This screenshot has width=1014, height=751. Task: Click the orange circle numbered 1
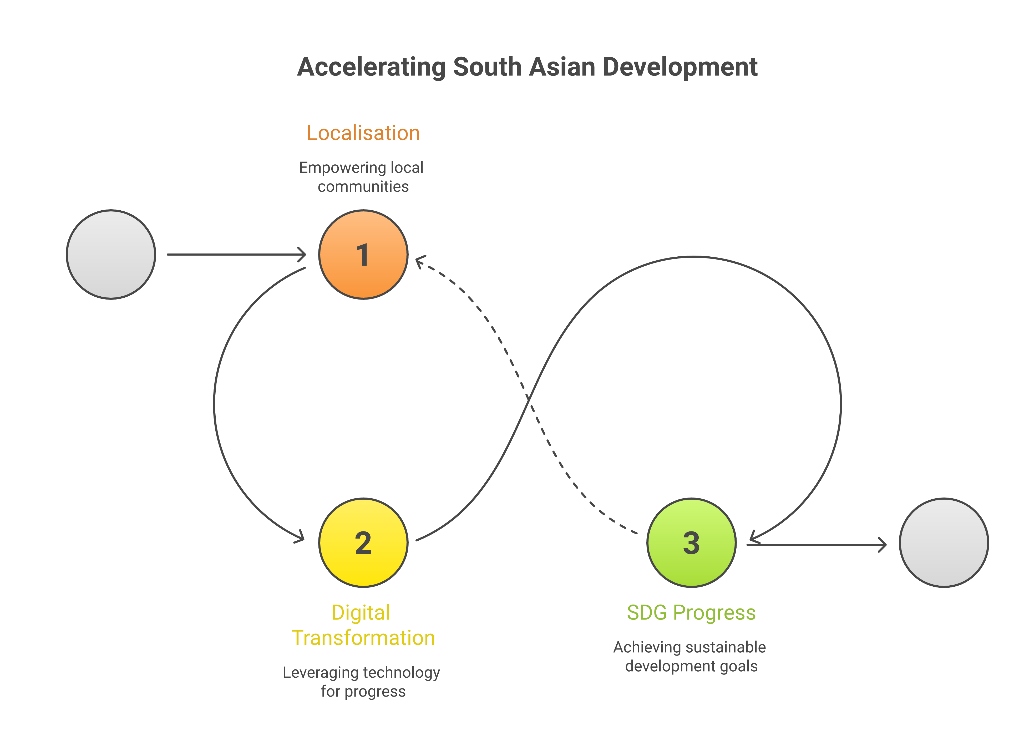click(x=363, y=255)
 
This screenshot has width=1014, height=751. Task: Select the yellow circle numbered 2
click(x=363, y=543)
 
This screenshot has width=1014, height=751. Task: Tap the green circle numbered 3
click(x=691, y=543)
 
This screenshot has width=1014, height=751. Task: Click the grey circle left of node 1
click(x=111, y=255)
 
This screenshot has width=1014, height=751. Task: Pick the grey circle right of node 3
click(x=944, y=543)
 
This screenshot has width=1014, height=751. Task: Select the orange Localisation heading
click(x=363, y=133)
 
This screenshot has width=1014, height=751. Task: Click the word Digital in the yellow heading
click(x=361, y=613)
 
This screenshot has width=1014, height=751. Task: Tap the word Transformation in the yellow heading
click(x=363, y=638)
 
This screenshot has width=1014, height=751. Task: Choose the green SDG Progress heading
click(x=691, y=613)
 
